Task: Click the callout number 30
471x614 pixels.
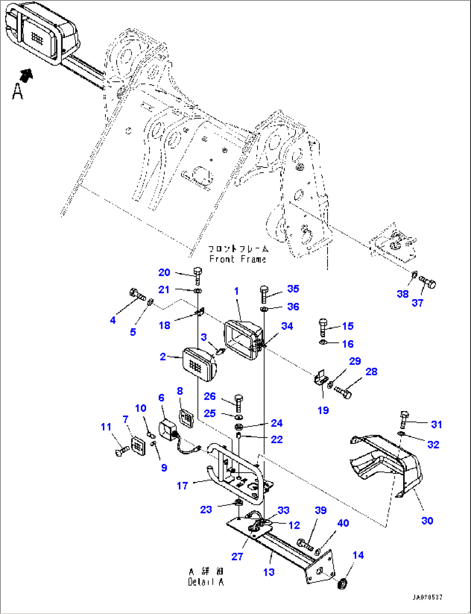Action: [427, 521]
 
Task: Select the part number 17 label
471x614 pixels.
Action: [182, 486]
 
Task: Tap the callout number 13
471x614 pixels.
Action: [269, 572]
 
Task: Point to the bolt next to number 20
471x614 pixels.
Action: [198, 275]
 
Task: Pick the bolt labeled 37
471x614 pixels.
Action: [428, 284]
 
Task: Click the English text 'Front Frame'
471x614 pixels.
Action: [237, 259]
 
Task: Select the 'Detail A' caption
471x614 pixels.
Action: [206, 582]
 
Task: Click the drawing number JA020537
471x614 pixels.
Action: [427, 598]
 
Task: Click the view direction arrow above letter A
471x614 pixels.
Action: [27, 75]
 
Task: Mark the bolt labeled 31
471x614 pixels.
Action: [404, 418]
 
